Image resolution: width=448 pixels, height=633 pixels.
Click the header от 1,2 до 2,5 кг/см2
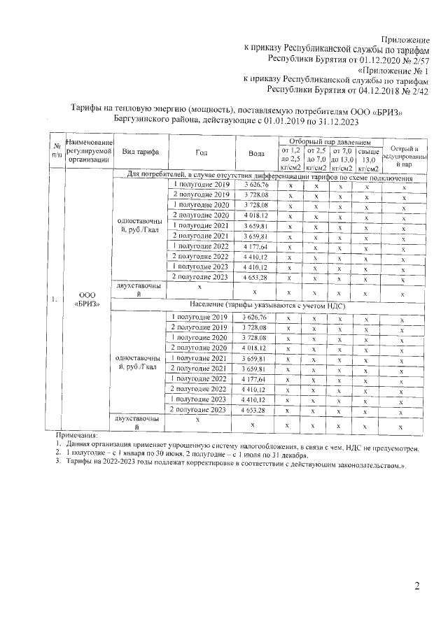click(290, 159)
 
